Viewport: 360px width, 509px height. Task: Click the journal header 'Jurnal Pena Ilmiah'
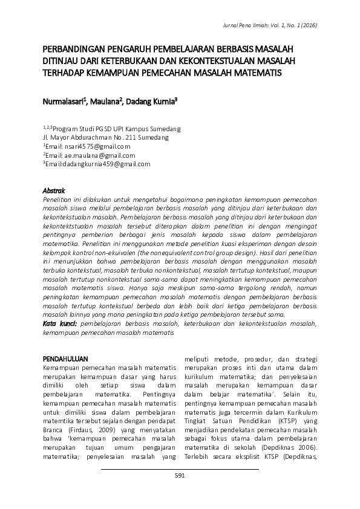click(x=247, y=25)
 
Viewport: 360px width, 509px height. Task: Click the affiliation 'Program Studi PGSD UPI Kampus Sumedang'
click(x=116, y=129)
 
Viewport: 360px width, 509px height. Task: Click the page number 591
click(x=180, y=476)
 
